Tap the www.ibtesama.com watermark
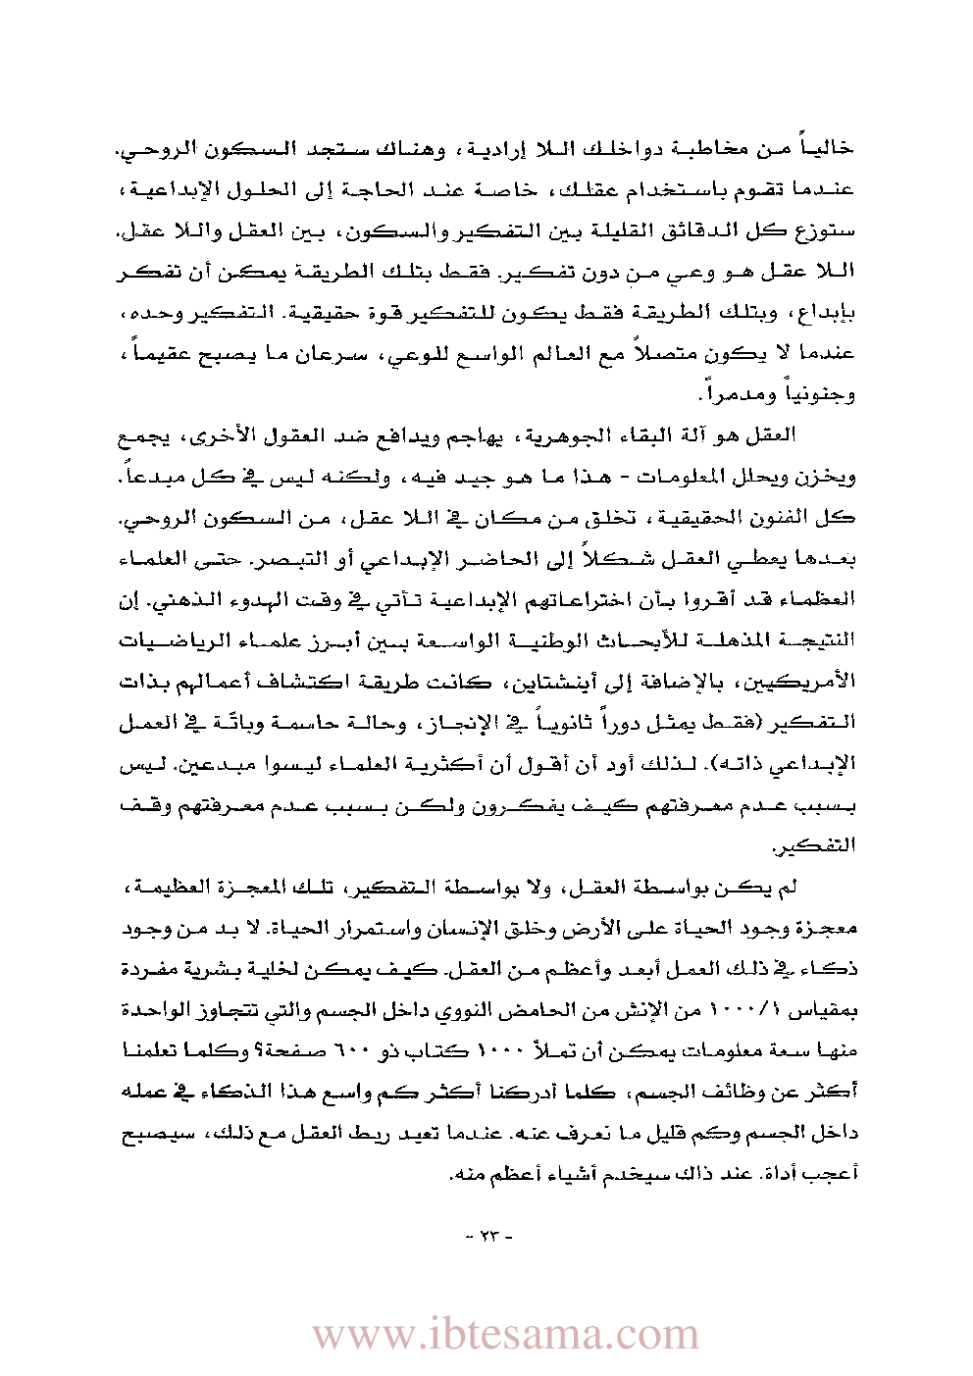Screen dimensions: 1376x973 click(x=506, y=1334)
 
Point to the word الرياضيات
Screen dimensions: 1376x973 click(x=168, y=640)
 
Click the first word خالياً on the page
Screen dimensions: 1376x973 click(x=828, y=148)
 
